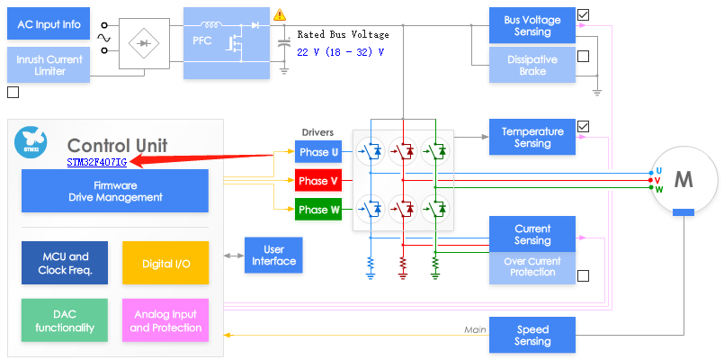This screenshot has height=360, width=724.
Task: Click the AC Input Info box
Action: pos(49,23)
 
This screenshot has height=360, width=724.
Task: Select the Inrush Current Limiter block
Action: pos(49,65)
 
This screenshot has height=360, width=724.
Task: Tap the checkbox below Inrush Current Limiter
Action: pos(13,93)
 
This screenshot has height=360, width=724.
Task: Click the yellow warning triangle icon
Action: pos(280,14)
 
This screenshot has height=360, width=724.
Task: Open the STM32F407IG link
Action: pos(97,162)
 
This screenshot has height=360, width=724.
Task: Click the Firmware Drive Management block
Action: pos(115,192)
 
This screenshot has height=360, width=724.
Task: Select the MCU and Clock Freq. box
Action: pos(65,263)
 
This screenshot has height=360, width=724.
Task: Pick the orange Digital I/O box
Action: pos(165,263)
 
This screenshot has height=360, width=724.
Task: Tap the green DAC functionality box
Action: pos(65,320)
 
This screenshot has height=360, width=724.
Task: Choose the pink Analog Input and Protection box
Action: pos(165,320)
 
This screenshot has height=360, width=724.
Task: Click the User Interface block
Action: pos(273,255)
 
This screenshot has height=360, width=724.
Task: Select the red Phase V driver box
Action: pos(318,181)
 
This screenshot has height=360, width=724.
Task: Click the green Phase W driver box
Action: pos(318,210)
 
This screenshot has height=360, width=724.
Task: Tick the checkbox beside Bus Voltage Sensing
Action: pos(583,14)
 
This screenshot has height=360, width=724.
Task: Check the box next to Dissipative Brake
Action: pos(583,56)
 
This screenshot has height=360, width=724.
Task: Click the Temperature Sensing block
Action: pos(532,137)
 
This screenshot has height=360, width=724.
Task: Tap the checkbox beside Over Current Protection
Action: pos(583,276)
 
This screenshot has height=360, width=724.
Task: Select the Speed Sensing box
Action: pos(532,335)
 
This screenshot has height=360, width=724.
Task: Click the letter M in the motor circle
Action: pos(684,180)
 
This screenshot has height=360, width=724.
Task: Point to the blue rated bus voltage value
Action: pos(340,52)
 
